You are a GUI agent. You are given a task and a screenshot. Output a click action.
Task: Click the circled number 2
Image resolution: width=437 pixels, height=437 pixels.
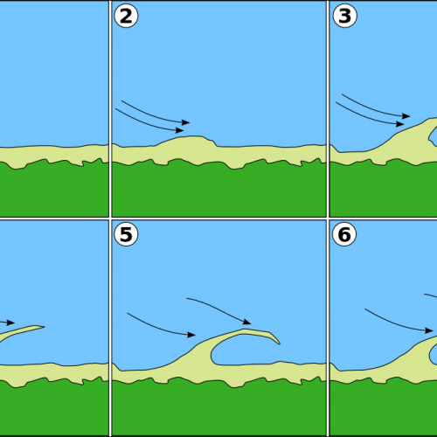tap(126, 16)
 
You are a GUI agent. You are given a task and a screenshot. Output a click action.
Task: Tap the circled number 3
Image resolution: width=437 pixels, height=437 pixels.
tap(344, 16)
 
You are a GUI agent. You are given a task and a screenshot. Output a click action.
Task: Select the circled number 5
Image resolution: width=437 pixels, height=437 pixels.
tap(126, 234)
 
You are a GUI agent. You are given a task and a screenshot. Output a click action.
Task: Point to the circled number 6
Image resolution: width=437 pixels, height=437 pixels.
tap(344, 234)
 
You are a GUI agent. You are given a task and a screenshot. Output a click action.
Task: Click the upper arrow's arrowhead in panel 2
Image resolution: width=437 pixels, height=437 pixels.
tap(186, 122)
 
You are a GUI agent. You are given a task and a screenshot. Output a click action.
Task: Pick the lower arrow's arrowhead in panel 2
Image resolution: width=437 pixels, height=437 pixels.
tap(180, 130)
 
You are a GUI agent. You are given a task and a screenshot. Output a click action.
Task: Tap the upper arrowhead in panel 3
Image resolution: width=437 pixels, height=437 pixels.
tap(406, 116)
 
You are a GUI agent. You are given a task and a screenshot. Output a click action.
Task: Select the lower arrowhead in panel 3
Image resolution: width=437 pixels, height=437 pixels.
tap(400, 124)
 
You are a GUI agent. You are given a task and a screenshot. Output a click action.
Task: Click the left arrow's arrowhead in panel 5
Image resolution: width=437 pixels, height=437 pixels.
tap(191, 335)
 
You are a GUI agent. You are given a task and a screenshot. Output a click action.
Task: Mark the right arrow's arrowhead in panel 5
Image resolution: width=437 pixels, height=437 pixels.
tap(247, 322)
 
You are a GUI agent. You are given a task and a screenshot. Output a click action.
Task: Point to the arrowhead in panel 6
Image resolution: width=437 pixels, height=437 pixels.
tap(429, 330)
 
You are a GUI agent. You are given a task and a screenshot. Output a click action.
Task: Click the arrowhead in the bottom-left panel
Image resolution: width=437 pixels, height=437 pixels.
tap(10, 323)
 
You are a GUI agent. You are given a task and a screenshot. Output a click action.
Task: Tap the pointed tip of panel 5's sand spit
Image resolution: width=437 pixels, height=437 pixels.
tap(280, 343)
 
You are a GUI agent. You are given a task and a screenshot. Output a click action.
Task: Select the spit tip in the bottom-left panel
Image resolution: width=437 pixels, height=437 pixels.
tap(44, 327)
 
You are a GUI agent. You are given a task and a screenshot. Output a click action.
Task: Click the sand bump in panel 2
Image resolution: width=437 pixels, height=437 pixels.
tap(186, 142)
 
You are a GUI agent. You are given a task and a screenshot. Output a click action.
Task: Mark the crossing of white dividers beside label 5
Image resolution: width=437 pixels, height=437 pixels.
tap(110, 218)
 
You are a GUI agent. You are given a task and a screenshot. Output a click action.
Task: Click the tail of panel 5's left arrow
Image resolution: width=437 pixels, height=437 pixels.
tap(128, 313)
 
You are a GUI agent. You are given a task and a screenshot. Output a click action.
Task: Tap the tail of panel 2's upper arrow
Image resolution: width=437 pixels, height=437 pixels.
tap(121, 101)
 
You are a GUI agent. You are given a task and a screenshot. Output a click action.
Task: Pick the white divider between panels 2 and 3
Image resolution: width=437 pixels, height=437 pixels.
tap(328, 108)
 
